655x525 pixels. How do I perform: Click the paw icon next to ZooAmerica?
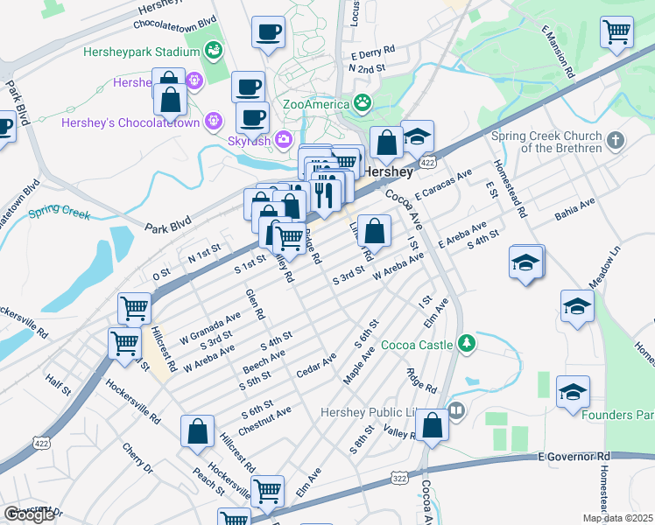363,104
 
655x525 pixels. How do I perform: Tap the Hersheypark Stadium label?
141,52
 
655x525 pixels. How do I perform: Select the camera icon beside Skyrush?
283,138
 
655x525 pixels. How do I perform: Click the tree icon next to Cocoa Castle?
468,340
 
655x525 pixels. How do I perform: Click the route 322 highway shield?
400,479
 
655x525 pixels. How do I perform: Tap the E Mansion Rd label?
558,51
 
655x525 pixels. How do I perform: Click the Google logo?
29,514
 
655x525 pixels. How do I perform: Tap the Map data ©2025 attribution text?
617,518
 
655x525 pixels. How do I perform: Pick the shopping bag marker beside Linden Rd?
374,231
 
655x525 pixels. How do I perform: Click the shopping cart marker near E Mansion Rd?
617,31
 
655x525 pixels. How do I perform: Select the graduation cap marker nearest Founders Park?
573,391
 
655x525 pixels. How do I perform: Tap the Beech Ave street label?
264,360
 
